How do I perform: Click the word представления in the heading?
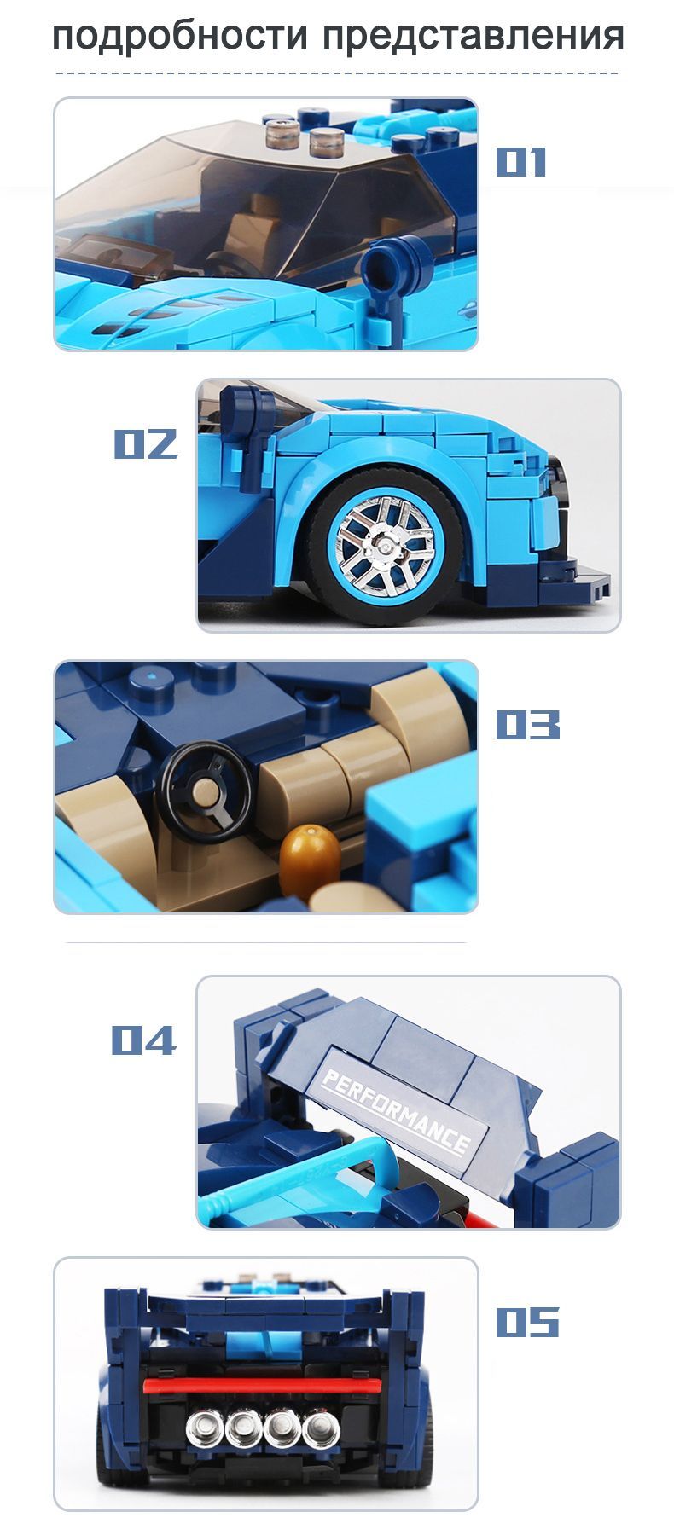474,38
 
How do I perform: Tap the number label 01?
520,162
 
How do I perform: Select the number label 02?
146,443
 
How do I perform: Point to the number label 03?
528,725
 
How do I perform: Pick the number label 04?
143,1040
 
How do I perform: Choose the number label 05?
528,1323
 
